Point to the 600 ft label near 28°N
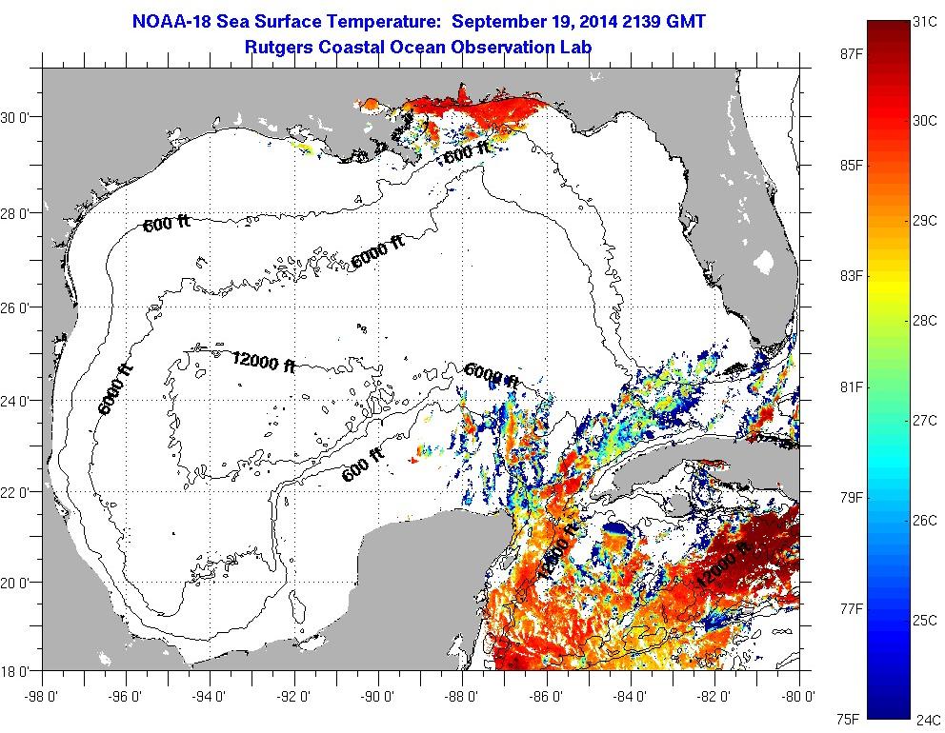click(x=167, y=224)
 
